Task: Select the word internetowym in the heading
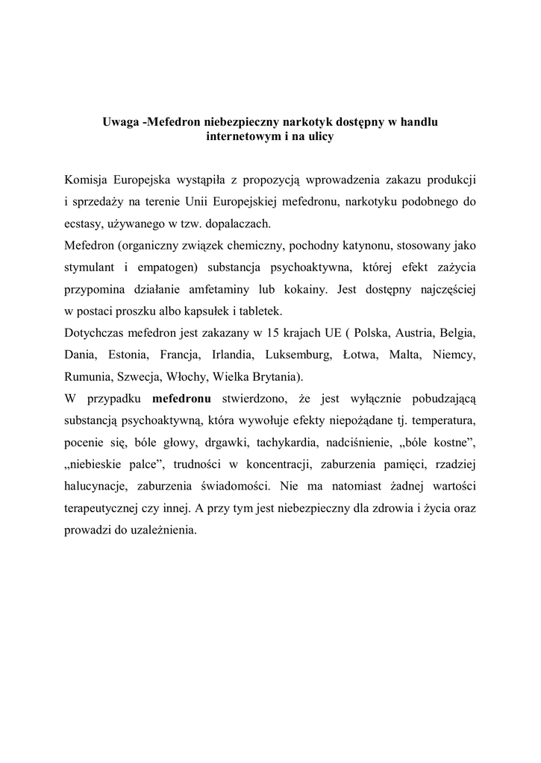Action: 241,136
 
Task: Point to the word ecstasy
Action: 84,223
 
